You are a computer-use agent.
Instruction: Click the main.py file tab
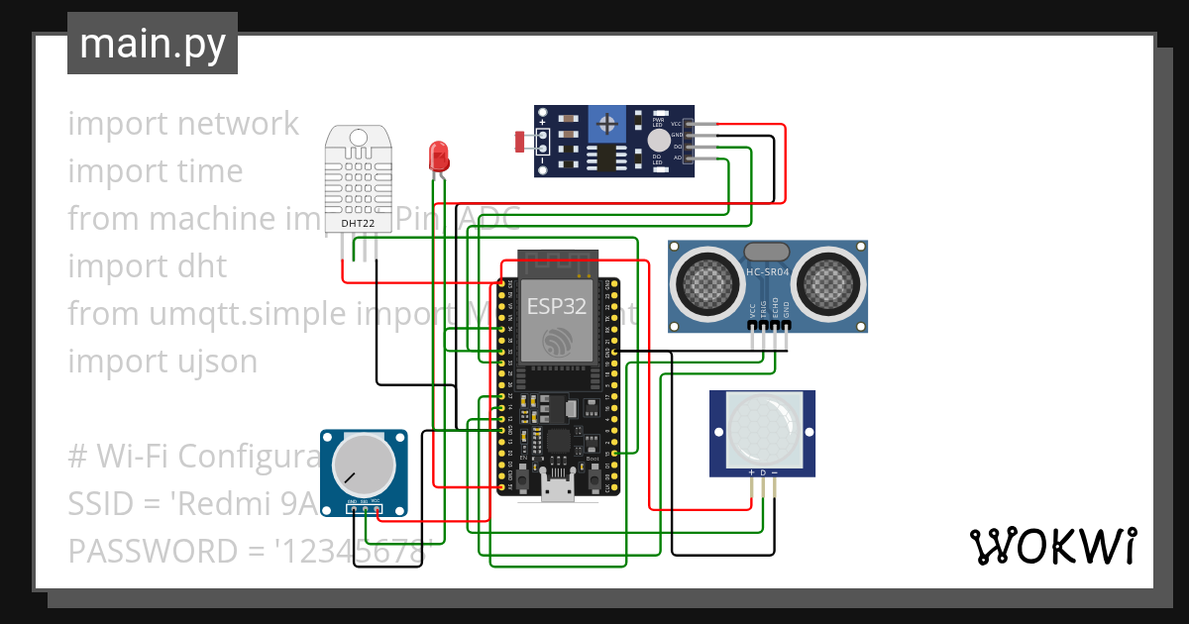point(152,44)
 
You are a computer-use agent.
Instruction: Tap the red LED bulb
point(438,156)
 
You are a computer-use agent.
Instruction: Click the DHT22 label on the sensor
point(358,224)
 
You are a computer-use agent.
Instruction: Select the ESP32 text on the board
point(556,305)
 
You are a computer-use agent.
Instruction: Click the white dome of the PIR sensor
point(762,430)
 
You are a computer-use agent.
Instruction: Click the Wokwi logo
point(1052,546)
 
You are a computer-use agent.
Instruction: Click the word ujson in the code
point(217,362)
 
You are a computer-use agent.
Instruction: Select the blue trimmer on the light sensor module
point(606,124)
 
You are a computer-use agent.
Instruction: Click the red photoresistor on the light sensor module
point(520,143)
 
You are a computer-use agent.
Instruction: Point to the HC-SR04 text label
point(769,272)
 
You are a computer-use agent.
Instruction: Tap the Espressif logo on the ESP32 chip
point(556,345)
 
